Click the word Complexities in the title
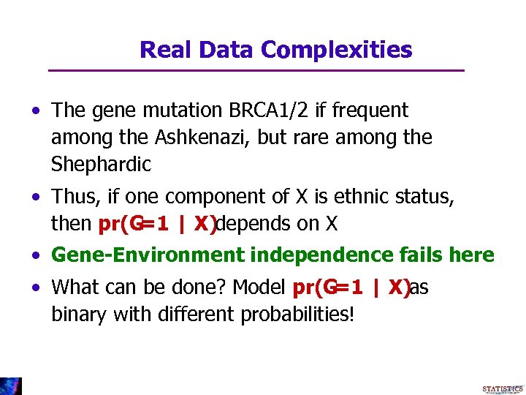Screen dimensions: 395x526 (336, 50)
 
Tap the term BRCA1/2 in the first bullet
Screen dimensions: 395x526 (269, 110)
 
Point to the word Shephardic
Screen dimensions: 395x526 (101, 165)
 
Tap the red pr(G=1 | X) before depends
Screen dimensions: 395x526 (157, 224)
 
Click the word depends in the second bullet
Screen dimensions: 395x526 (254, 224)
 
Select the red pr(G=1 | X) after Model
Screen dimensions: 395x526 (350, 287)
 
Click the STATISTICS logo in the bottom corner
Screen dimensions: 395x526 (503, 388)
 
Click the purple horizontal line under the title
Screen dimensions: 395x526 (256, 70)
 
